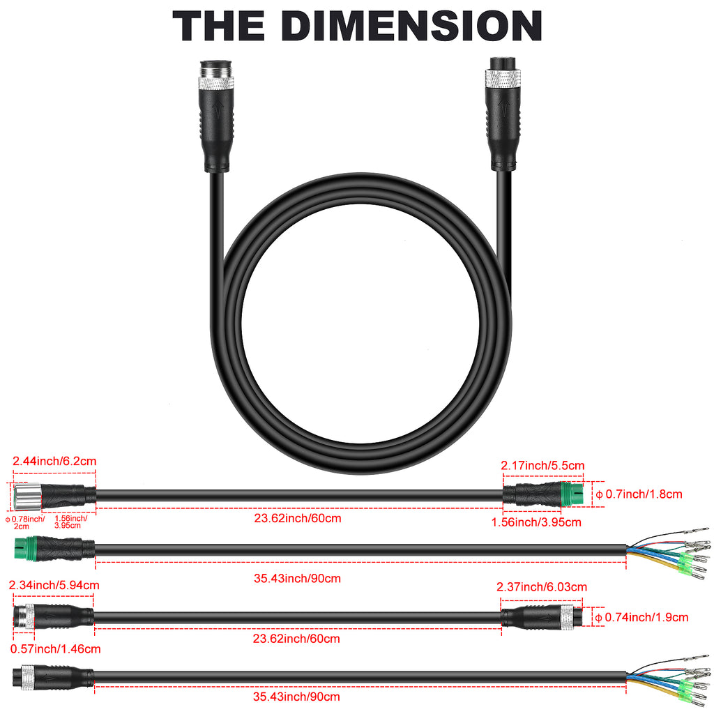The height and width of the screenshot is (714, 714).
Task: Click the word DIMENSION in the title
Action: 412,26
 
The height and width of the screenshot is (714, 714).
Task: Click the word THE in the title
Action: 218,26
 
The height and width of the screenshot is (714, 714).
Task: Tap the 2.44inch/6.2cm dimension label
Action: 54,462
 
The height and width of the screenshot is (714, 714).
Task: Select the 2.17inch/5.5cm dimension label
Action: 542,465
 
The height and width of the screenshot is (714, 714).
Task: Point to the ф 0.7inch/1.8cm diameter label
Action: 639,494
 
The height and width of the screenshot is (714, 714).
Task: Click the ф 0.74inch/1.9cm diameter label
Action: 641,618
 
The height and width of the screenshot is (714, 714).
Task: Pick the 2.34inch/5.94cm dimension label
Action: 54,585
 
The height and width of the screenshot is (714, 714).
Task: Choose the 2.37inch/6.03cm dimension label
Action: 542,587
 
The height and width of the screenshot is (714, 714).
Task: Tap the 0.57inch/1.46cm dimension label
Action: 56,649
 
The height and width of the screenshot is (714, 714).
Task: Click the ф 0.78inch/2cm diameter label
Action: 25,522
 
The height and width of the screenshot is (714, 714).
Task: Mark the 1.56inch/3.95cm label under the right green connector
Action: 536,522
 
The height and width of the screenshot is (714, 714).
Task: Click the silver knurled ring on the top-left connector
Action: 216,83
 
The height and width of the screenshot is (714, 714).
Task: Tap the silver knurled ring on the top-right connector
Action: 503,78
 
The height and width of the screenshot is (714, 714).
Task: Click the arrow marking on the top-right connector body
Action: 503,108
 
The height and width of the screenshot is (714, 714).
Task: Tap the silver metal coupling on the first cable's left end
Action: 27,496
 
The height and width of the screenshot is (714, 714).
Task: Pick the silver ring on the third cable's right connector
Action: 567,618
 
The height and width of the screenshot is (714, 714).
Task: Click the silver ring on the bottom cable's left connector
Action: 28,677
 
